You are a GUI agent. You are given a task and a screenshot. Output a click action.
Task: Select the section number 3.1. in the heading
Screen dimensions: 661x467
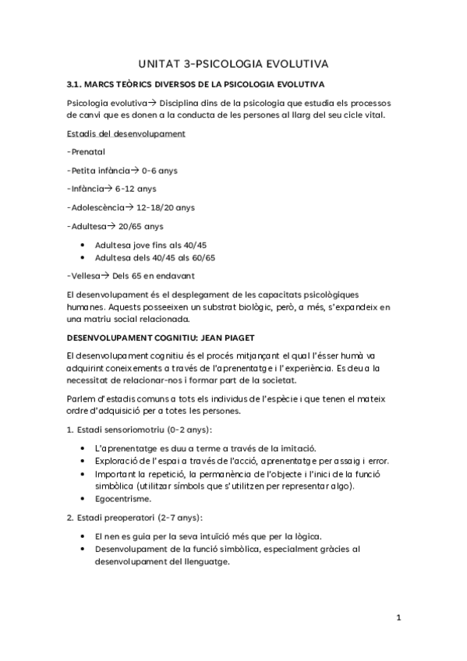[x=78, y=83]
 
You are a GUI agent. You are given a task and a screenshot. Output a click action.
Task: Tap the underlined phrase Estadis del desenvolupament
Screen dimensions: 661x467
[x=126, y=133]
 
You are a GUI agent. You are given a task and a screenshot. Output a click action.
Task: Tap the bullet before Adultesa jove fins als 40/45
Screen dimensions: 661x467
[x=83, y=245]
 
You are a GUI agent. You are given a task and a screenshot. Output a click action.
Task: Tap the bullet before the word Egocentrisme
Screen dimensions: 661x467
[x=83, y=499]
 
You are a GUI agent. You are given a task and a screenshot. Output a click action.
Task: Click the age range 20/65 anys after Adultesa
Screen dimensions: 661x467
[x=140, y=226]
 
